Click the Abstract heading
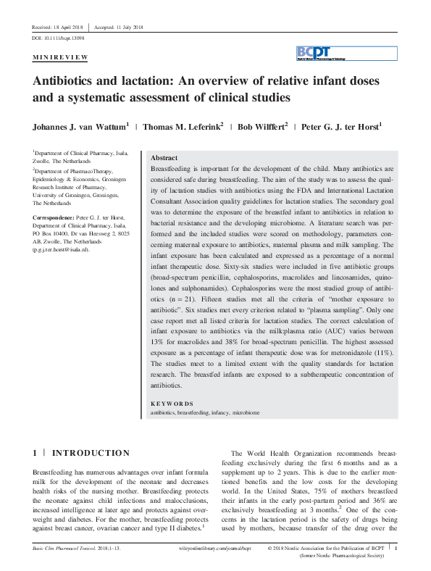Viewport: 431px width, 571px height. pos(164,157)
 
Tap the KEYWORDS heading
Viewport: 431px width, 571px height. pos(172,404)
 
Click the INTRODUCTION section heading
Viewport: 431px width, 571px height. pos(91,454)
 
